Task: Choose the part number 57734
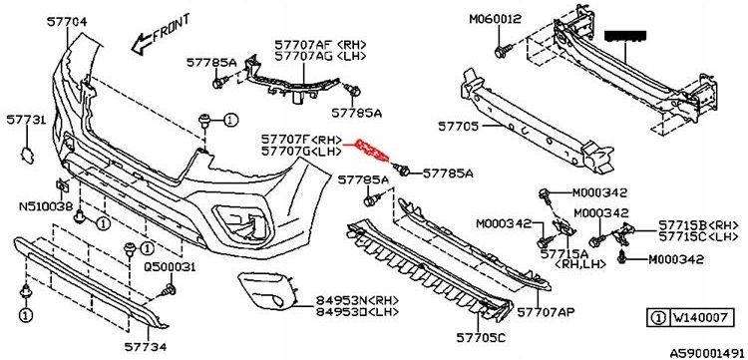[x=145, y=346]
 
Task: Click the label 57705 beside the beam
[x=458, y=128]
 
